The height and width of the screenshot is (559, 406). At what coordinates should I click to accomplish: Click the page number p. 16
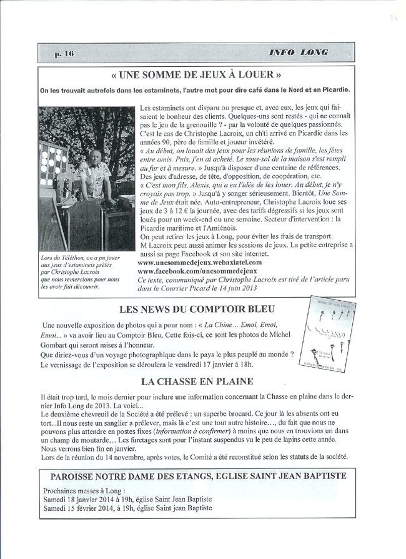[64, 53]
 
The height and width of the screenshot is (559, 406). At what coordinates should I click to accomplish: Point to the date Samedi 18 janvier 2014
[85, 500]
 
